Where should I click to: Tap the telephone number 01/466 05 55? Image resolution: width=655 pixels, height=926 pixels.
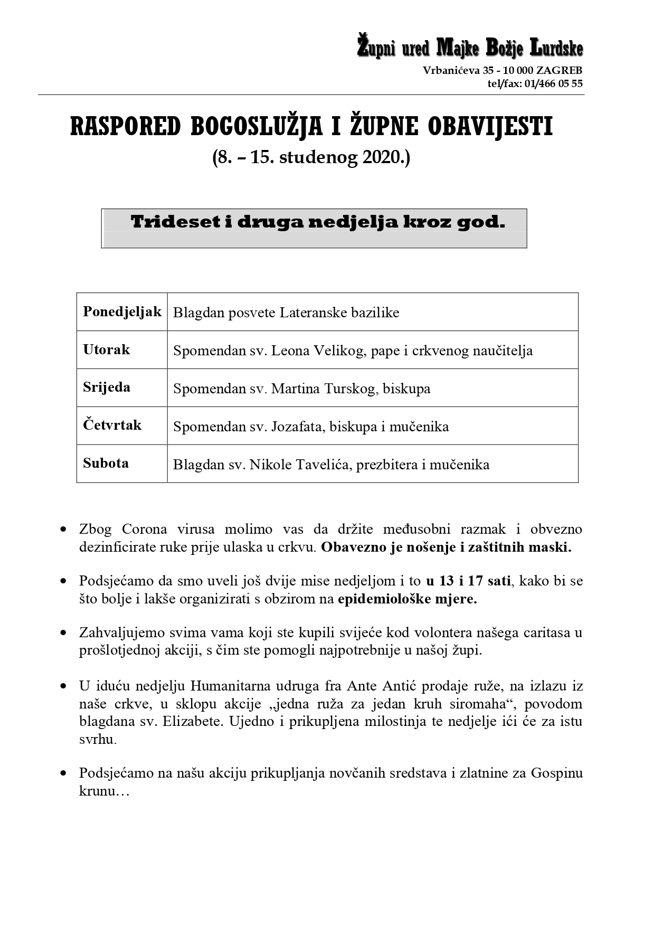554,83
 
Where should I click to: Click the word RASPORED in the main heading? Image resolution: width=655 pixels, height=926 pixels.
125,127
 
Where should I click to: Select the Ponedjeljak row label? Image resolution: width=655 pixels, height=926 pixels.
122,311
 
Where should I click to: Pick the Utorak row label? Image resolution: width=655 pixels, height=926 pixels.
106,349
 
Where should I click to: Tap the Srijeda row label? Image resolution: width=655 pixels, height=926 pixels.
106,387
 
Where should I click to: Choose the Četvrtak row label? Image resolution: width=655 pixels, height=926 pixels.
112,425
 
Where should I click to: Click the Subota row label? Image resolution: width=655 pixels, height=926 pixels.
106,463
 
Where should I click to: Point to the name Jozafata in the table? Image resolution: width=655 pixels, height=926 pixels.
295,427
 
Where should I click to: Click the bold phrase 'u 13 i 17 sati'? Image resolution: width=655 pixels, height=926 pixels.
468,581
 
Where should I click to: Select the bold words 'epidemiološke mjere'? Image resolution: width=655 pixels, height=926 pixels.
407,599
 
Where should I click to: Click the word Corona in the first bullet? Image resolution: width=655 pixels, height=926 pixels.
144,529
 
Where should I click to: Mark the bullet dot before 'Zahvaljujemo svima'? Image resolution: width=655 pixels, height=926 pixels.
64,632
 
